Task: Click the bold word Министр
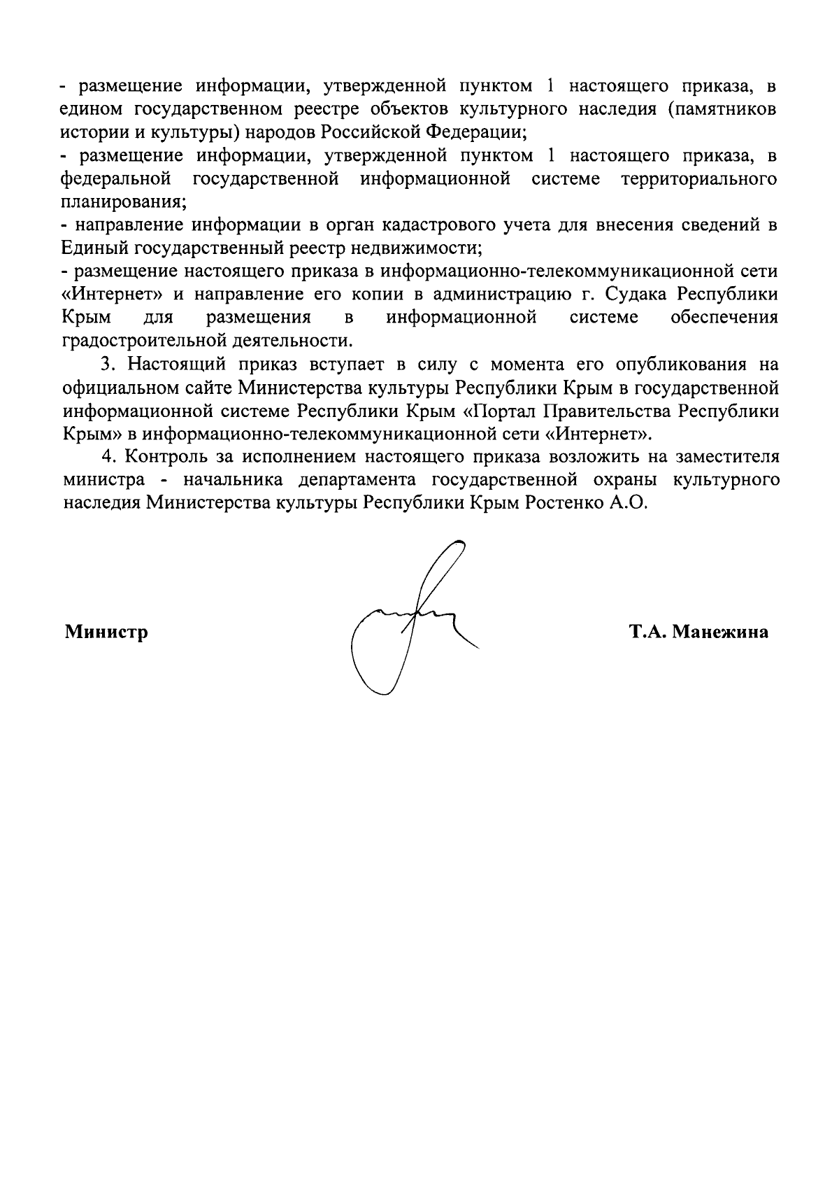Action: (106, 632)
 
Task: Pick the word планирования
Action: (123, 202)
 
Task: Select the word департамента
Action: (361, 480)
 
